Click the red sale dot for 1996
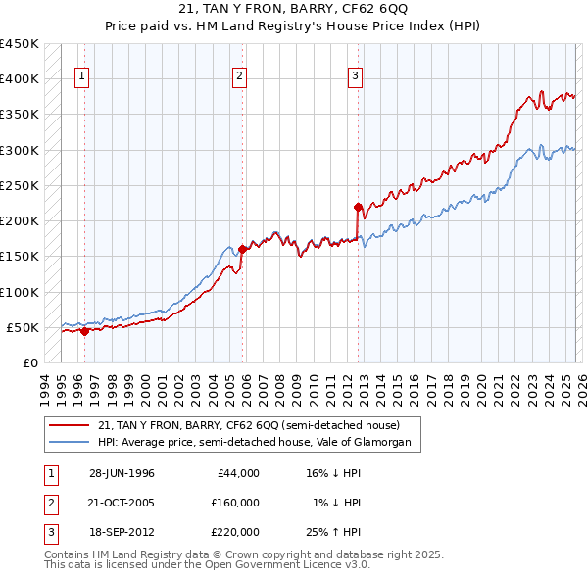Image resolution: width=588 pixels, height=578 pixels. (84, 331)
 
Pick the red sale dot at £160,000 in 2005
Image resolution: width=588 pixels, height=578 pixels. (242, 249)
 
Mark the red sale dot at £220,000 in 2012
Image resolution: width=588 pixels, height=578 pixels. (358, 207)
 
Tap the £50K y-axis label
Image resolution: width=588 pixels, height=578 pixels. (24, 327)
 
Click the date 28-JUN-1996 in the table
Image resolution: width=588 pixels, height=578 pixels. (122, 473)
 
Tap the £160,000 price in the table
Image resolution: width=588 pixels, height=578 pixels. (234, 503)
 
